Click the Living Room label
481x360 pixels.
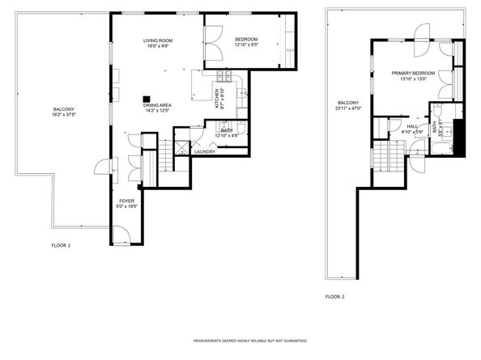157,40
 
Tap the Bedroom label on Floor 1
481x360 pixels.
246,40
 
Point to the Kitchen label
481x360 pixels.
217,98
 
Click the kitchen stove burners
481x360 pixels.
223,78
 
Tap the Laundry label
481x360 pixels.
205,151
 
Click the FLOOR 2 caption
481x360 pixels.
334,297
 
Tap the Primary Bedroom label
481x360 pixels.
414,73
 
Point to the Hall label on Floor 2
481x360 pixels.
412,126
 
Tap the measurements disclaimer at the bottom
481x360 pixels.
240,341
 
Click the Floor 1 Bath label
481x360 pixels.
228,130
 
